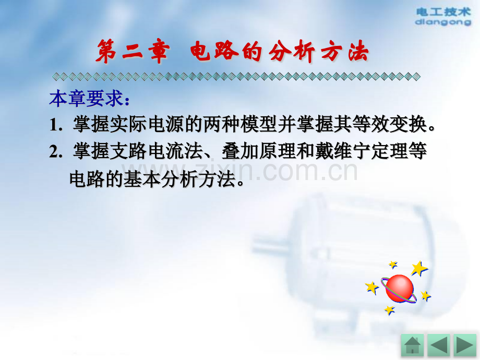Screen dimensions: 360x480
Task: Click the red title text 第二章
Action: pos(132,53)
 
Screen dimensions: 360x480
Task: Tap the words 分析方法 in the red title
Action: pos(319,53)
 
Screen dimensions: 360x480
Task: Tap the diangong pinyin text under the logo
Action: pos(443,22)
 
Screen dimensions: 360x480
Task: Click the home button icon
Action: pos(412,345)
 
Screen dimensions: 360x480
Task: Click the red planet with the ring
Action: pos(400,289)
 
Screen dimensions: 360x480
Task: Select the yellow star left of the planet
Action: pos(371,287)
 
